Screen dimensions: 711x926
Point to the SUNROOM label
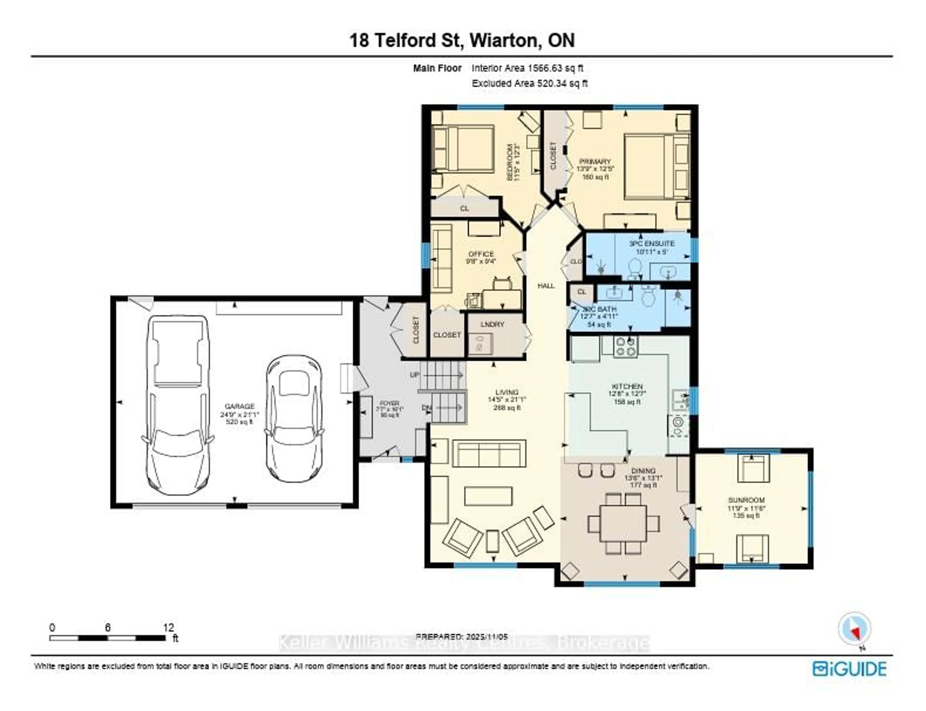coord(746,500)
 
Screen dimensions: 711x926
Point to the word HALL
coord(546,286)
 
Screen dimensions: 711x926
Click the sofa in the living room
coord(489,453)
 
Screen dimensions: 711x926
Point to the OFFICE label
coord(481,254)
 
